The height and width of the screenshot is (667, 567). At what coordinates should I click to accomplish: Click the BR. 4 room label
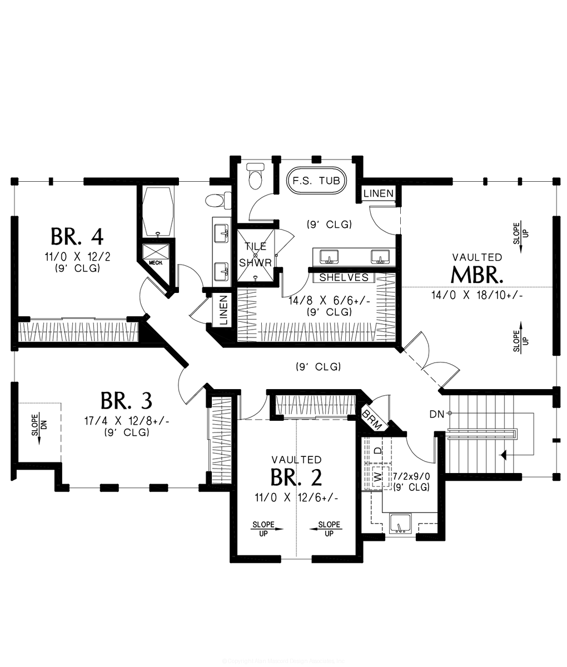click(77, 236)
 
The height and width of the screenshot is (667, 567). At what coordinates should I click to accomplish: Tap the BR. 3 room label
click(126, 400)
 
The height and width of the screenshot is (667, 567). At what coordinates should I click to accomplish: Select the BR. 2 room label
click(296, 477)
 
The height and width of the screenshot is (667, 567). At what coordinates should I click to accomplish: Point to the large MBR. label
click(478, 275)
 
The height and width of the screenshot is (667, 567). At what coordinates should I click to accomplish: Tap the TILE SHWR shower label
click(253, 254)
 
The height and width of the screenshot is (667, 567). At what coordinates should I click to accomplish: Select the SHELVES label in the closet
click(344, 277)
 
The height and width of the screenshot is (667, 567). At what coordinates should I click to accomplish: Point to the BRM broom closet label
click(371, 420)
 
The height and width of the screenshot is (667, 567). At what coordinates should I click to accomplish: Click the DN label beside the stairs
click(436, 414)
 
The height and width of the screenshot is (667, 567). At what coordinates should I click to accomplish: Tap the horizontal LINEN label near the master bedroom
click(379, 193)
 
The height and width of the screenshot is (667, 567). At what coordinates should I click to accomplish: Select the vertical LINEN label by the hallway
click(223, 310)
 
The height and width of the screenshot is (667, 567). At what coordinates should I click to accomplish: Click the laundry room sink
click(400, 524)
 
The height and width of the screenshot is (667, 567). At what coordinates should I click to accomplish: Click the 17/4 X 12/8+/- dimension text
click(126, 421)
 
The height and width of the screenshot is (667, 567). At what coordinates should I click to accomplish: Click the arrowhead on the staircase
click(504, 456)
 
